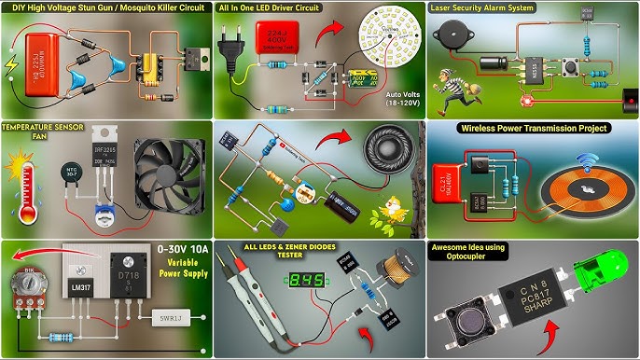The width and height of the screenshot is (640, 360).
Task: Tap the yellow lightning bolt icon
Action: pos(10,66)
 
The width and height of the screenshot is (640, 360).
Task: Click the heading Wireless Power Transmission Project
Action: pos(533,129)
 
